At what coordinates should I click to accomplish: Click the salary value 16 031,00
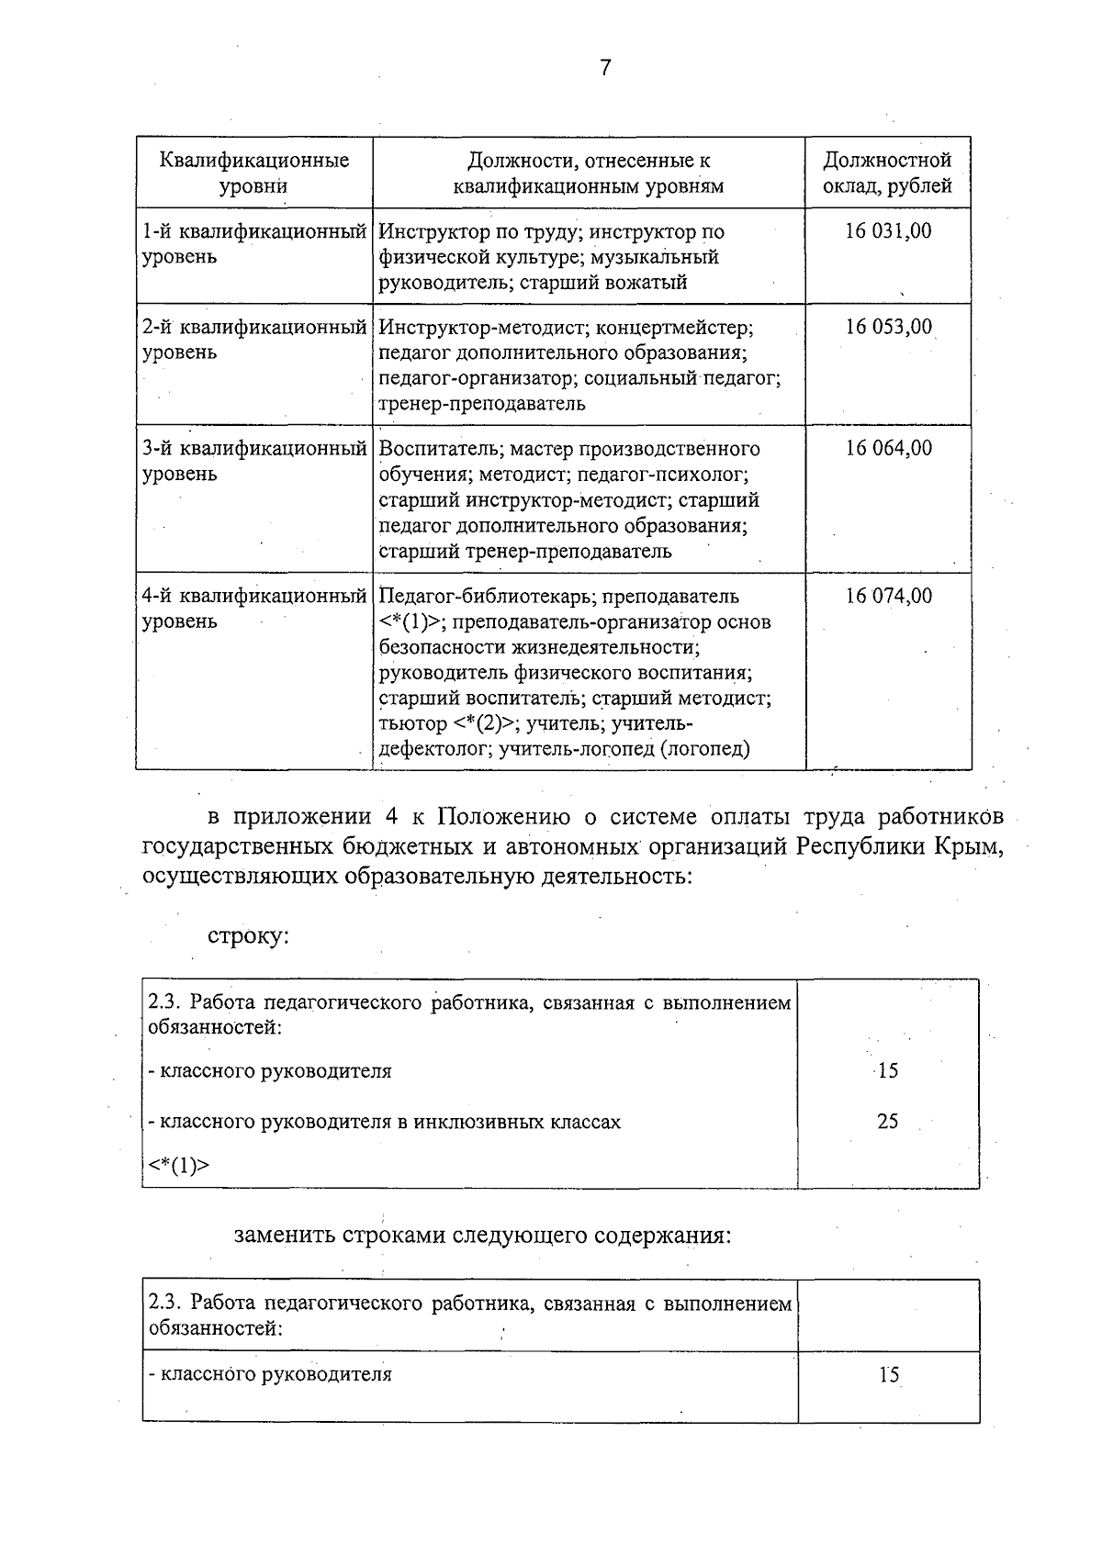click(x=888, y=231)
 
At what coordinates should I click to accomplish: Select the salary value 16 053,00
click(x=888, y=327)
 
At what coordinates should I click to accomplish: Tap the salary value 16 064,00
click(x=888, y=448)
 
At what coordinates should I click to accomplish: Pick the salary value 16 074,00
click(x=888, y=596)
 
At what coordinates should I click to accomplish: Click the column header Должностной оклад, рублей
click(x=887, y=173)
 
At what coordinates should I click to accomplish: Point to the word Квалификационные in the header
click(x=254, y=161)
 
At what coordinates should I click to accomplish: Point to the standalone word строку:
click(x=248, y=936)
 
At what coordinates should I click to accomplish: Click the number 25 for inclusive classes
click(x=887, y=1121)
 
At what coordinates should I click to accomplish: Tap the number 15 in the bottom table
click(x=888, y=1375)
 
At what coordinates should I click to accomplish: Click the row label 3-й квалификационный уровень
click(x=254, y=461)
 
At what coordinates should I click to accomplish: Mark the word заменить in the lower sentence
click(x=284, y=1235)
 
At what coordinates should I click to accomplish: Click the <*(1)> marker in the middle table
click(x=178, y=1166)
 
